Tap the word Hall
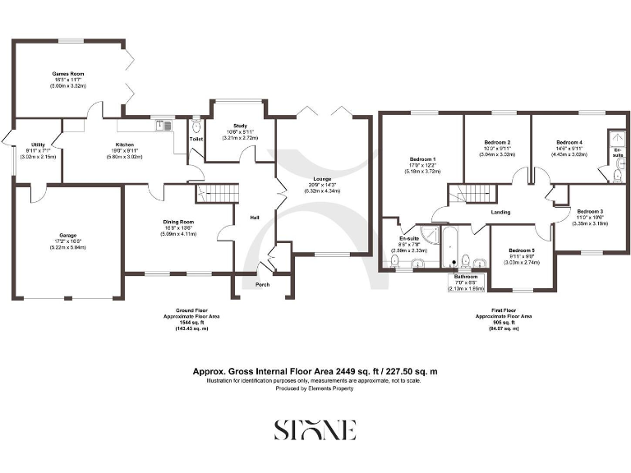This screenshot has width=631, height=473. click(x=255, y=218)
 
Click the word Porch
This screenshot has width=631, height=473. click(x=262, y=284)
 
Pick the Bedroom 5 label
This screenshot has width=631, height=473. click(x=521, y=250)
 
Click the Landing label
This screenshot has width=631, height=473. click(x=500, y=213)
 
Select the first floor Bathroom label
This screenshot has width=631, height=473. click(x=465, y=278)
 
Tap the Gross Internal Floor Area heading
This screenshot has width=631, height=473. click(x=315, y=371)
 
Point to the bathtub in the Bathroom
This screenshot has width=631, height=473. click(x=449, y=248)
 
